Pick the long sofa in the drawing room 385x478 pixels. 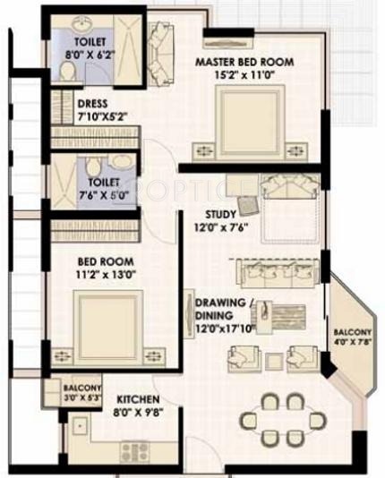(x=273, y=271)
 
